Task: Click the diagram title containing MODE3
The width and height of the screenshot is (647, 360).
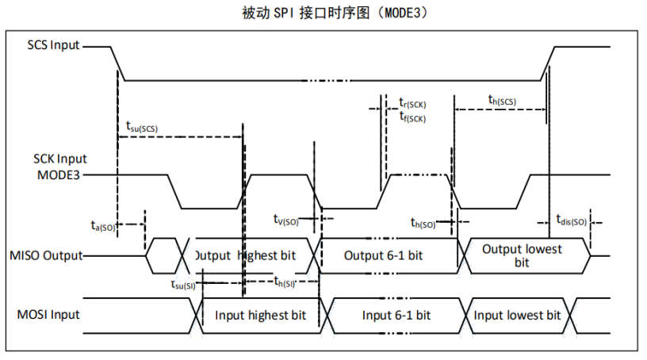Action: click(x=323, y=13)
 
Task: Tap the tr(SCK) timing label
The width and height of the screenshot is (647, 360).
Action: click(x=412, y=104)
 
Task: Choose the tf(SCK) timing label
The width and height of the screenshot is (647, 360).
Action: click(x=412, y=117)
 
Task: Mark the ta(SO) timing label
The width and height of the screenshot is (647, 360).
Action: click(x=103, y=225)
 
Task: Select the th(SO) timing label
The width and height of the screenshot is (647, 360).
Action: click(x=423, y=223)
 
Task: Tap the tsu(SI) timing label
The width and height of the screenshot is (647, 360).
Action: click(x=183, y=284)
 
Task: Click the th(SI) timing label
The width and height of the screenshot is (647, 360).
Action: click(x=285, y=281)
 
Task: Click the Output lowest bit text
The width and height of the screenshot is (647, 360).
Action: click(x=522, y=255)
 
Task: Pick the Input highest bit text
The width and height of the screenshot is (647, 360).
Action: click(x=260, y=315)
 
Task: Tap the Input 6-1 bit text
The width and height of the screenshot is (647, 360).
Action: click(x=396, y=315)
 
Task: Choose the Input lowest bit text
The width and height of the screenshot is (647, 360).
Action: click(x=517, y=315)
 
